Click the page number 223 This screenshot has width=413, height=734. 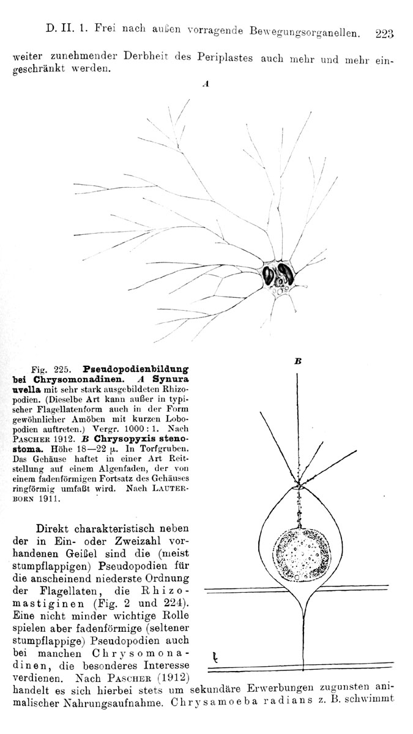point(384,34)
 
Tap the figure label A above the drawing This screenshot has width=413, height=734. point(206,84)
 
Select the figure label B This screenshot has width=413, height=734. point(298,361)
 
